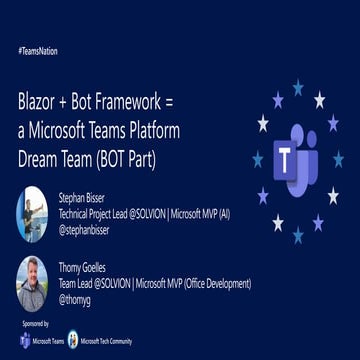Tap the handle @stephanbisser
click(89, 228)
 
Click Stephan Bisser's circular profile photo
click(32, 210)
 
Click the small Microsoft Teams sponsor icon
click(25, 341)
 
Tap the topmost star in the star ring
click(297, 88)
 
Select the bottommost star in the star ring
click(298, 234)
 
